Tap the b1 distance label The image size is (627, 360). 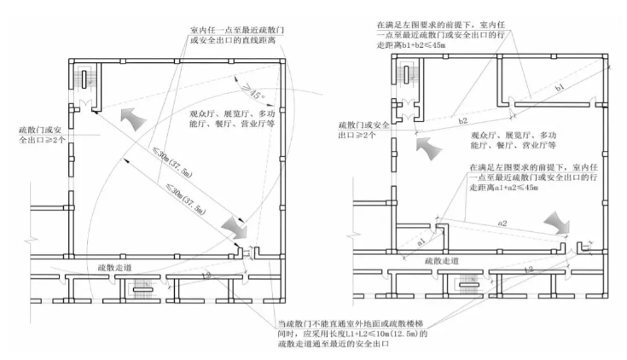[x=559, y=87]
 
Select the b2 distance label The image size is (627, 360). [x=464, y=120]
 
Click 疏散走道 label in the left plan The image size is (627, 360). [x=116, y=267]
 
